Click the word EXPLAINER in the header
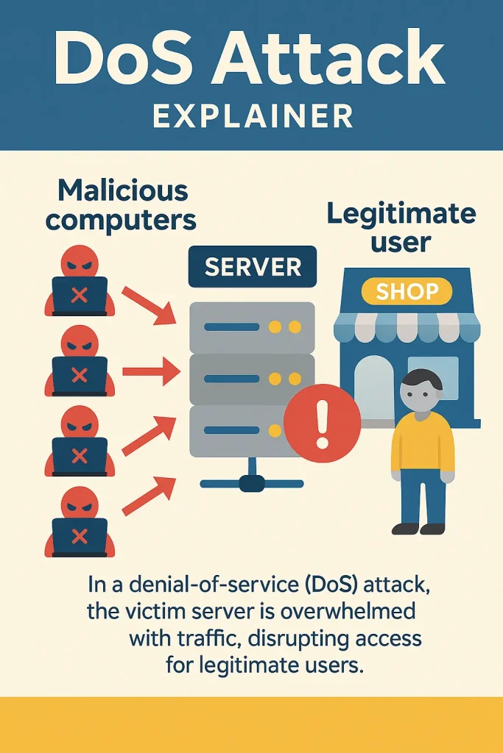(252, 116)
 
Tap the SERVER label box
(253, 266)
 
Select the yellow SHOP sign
(407, 291)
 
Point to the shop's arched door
(373, 390)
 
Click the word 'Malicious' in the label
(123, 190)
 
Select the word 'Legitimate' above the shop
(401, 214)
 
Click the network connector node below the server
(251, 483)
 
